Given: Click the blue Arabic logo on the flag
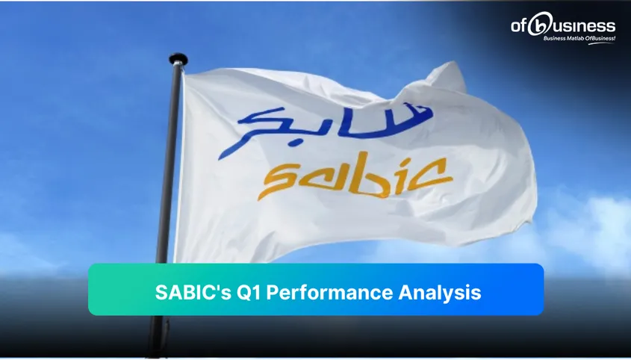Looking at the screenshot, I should tap(334, 123).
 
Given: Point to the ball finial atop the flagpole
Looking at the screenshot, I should tap(178, 58).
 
